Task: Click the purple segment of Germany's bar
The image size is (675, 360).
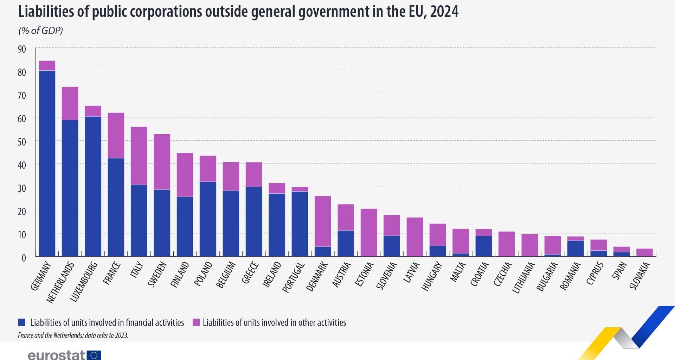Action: (x=47, y=66)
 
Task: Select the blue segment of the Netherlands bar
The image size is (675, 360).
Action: (x=70, y=188)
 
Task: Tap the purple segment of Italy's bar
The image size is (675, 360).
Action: (x=139, y=156)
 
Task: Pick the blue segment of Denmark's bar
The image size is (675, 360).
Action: (x=323, y=251)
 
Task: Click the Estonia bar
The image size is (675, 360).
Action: (x=369, y=232)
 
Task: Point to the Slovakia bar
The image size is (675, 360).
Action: (x=644, y=252)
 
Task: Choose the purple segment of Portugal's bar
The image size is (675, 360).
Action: (x=300, y=189)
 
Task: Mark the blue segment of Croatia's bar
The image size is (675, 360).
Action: (x=483, y=246)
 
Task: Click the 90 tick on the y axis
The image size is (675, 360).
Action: (x=22, y=49)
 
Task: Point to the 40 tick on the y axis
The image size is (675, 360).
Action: (x=22, y=165)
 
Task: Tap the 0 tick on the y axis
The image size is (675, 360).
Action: (x=24, y=258)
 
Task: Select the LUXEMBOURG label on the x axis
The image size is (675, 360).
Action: (x=83, y=282)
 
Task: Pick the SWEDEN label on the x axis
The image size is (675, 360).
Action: (x=157, y=275)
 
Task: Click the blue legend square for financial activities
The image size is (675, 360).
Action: (x=22, y=322)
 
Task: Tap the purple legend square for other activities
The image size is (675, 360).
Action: (x=196, y=322)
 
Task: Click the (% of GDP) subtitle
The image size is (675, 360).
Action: (x=40, y=31)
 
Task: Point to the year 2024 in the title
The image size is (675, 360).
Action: (x=444, y=12)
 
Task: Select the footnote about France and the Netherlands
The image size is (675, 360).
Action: (x=73, y=335)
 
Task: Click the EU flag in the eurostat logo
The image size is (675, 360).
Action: (x=94, y=355)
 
